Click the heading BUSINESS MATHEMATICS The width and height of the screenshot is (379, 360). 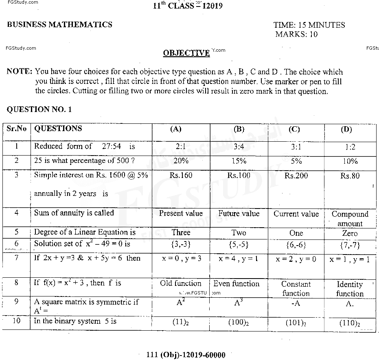(x=59, y=24)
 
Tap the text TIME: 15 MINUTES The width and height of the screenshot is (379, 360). (x=309, y=25)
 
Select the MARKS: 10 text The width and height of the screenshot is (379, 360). (x=296, y=34)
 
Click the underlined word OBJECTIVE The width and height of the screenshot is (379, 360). (x=186, y=53)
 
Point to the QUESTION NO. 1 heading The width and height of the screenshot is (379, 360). (x=39, y=109)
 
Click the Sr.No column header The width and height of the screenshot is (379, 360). (x=16, y=129)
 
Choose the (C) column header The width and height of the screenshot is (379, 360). (x=294, y=130)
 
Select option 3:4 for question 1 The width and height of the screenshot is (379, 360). (x=239, y=146)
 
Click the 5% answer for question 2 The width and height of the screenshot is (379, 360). (x=296, y=161)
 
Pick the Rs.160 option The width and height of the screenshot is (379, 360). (x=181, y=176)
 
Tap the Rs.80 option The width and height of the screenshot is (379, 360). (x=350, y=176)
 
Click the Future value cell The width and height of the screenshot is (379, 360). (x=239, y=213)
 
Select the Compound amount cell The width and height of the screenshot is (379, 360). (x=350, y=218)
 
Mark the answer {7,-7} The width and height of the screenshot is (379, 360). (x=350, y=245)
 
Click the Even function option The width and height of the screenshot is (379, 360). (x=236, y=283)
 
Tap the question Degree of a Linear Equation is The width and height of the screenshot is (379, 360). (x=85, y=232)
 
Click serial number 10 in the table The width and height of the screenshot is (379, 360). (x=16, y=321)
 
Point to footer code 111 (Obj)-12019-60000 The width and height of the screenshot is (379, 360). (x=186, y=355)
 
